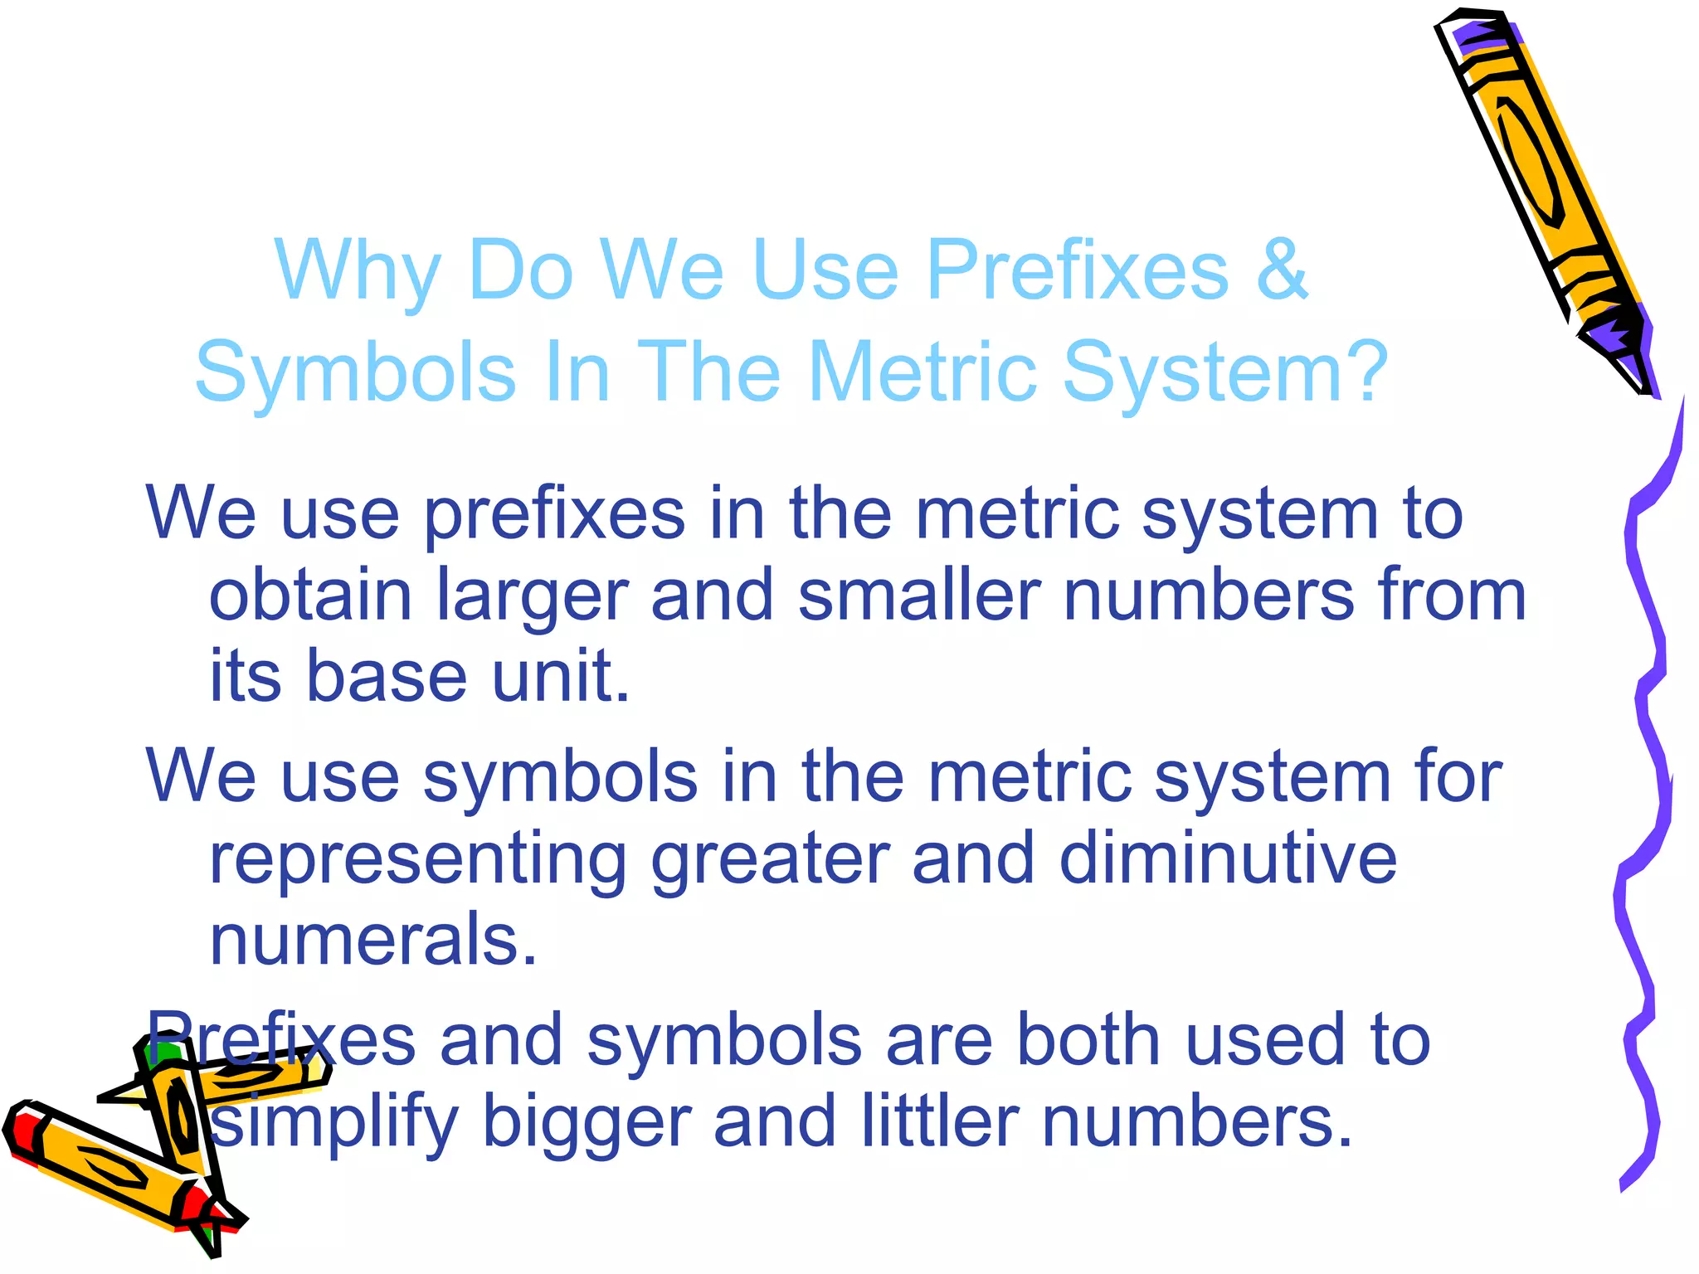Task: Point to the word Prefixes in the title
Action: pos(1077,270)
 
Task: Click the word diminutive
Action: pos(1228,858)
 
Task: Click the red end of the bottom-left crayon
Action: pos(25,1132)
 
